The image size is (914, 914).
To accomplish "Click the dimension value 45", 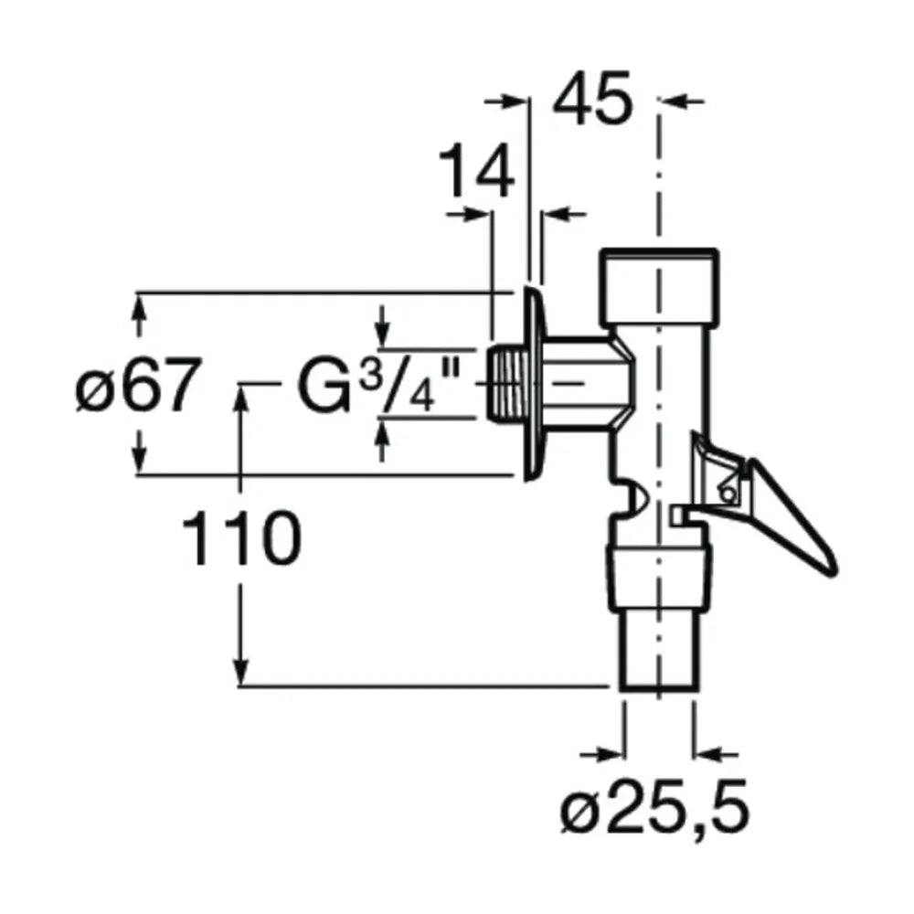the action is point(591,98).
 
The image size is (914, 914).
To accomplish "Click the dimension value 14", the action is point(476,172).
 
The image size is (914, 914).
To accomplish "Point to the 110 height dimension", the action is point(241,537).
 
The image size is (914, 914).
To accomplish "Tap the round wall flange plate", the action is point(534,384).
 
